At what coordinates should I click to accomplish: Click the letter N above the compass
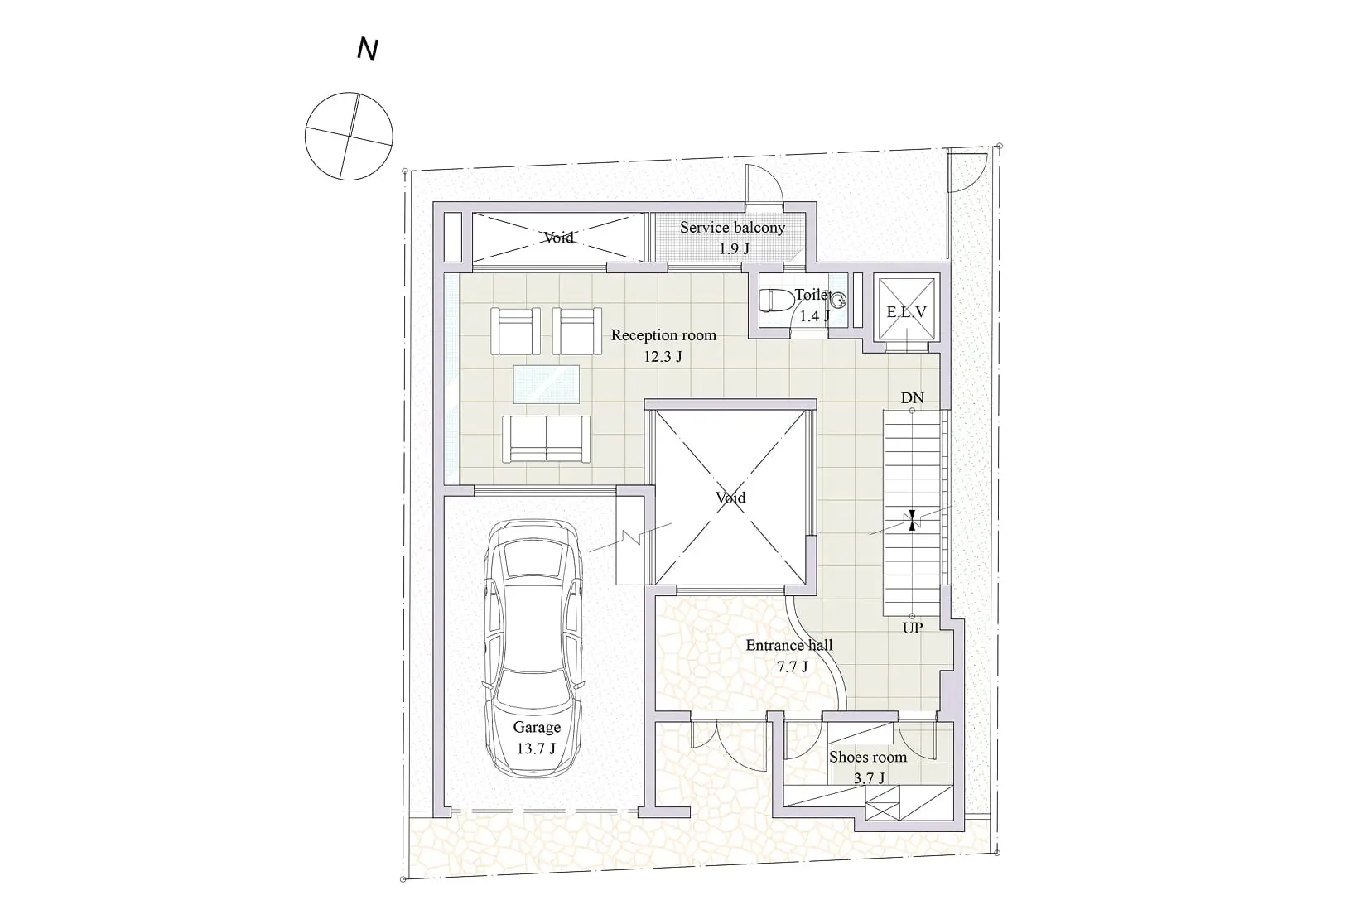[x=368, y=49]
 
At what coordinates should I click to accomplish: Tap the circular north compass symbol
[x=349, y=137]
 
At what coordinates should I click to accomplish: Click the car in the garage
[x=534, y=649]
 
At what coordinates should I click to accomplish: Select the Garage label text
[x=537, y=728]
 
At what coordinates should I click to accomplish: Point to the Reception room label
[x=663, y=335]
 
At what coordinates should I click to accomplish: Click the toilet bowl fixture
[x=777, y=301]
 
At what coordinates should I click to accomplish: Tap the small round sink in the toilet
[x=839, y=301]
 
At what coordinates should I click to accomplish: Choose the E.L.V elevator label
[x=906, y=312]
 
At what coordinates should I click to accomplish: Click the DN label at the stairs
[x=912, y=398]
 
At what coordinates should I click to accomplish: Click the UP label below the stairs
[x=913, y=628]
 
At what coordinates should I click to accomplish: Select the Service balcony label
[x=732, y=228]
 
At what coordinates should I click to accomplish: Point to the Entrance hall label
[x=789, y=646]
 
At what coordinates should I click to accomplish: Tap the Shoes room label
[x=868, y=757]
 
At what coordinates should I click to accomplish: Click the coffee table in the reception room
[x=547, y=384]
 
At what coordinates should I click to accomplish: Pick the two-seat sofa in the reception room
[x=547, y=439]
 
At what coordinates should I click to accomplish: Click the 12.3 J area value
[x=663, y=357]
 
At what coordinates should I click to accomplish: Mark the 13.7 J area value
[x=536, y=748]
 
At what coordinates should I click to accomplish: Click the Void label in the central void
[x=730, y=498]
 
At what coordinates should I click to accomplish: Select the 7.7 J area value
[x=792, y=667]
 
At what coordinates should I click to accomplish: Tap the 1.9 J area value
[x=735, y=248]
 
